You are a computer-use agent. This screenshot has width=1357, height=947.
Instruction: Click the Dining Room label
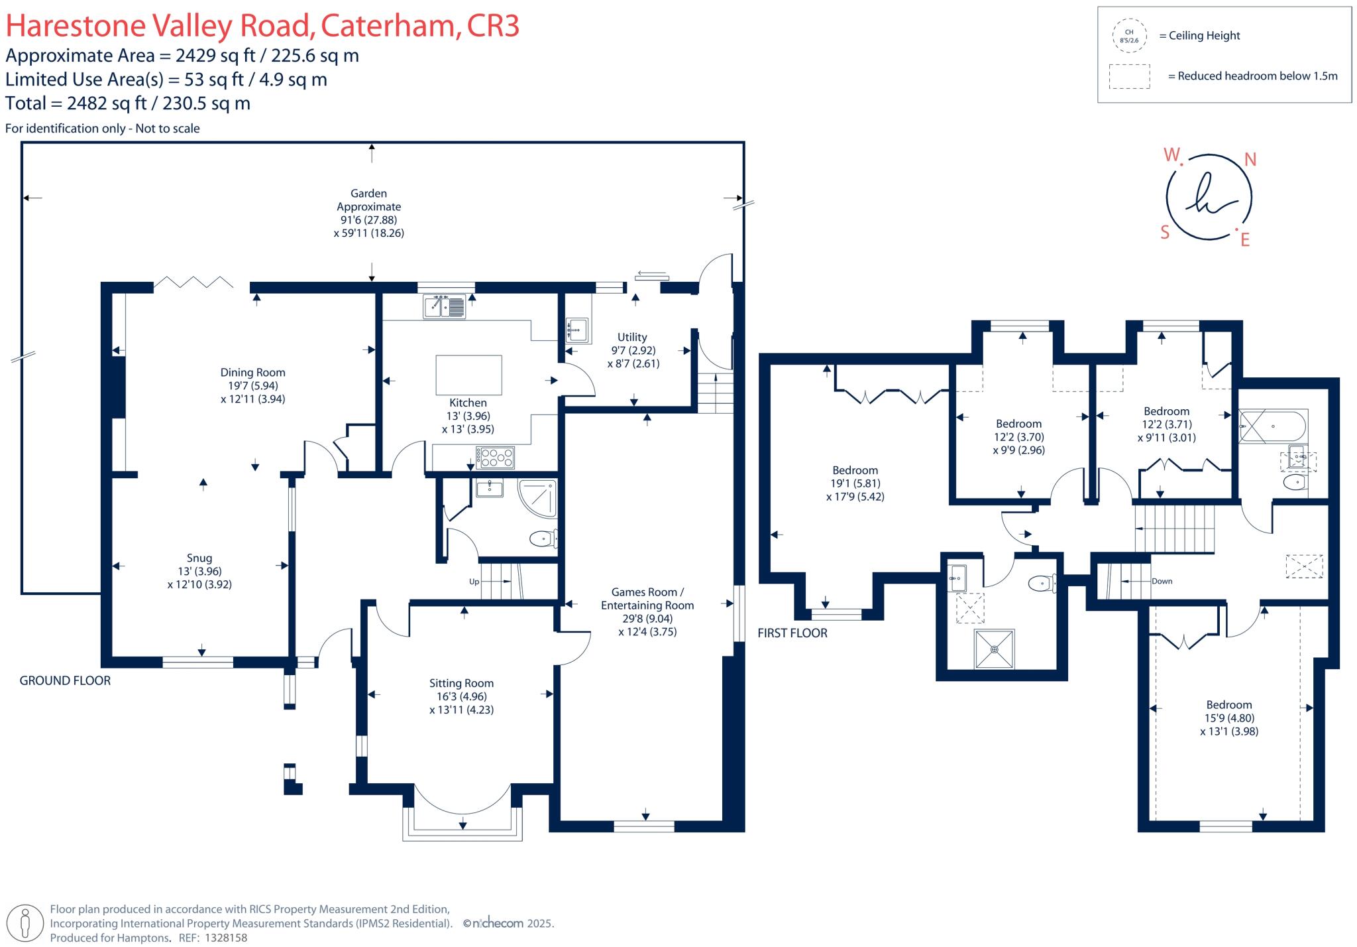(x=252, y=385)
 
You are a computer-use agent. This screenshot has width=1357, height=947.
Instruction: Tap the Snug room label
(x=199, y=571)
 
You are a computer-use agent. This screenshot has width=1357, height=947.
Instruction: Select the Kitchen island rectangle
(x=468, y=375)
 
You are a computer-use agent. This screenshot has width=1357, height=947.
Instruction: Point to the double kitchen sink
(x=445, y=306)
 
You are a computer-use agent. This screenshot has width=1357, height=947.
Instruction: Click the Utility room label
(x=633, y=350)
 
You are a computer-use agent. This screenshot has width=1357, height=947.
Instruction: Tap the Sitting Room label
(x=461, y=696)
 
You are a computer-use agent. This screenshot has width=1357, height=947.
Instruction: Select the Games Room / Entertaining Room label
(x=647, y=611)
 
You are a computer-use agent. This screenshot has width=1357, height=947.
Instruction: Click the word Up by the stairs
(x=474, y=582)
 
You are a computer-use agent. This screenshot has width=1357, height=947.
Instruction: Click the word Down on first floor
(x=1162, y=581)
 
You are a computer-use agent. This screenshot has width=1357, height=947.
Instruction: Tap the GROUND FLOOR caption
(x=65, y=680)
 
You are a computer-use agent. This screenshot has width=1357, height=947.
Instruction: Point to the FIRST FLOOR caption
(x=792, y=633)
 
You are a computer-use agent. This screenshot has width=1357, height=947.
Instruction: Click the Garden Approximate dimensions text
(x=368, y=213)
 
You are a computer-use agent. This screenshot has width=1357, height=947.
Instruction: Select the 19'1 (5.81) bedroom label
(x=855, y=483)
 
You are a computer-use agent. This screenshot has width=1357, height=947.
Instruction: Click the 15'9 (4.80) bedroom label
(x=1229, y=718)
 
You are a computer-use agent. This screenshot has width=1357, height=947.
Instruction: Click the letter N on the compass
(x=1250, y=159)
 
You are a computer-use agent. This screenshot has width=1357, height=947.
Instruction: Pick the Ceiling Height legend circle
(x=1129, y=36)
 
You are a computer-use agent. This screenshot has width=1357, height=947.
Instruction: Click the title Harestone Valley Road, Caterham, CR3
(x=262, y=25)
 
